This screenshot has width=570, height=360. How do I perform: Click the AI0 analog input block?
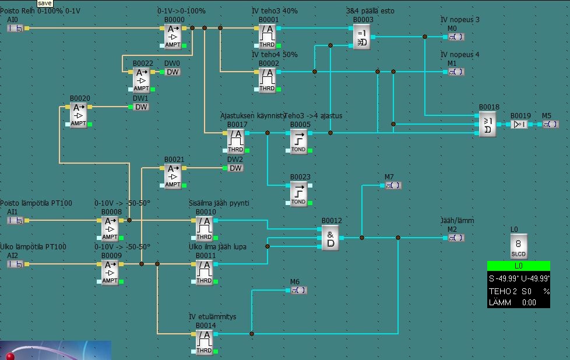pos(16,28)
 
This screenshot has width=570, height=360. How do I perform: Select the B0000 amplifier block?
pos(173,36)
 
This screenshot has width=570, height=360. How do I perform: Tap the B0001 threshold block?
pos(268,36)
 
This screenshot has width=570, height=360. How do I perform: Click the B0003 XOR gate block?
pos(361,36)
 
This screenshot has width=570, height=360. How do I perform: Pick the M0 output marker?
pos(456,37)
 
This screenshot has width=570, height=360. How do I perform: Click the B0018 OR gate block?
pos(487,124)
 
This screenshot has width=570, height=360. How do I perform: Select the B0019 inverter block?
pos(519,124)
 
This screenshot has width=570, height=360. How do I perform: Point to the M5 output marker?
pos(550,124)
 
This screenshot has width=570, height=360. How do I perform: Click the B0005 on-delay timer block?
pos(298,141)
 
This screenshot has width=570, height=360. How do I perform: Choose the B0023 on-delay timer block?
pos(298,193)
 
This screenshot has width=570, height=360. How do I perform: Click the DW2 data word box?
pos(235,168)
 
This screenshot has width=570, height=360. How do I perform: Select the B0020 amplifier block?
pos(79,115)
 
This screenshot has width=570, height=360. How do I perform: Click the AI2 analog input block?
pos(16,264)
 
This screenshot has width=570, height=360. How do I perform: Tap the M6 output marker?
pos(298,290)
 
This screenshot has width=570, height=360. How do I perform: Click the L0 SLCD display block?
pos(518,246)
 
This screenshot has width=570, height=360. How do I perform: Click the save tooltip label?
pos(45,3)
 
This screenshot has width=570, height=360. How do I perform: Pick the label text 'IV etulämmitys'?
pos(212,317)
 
